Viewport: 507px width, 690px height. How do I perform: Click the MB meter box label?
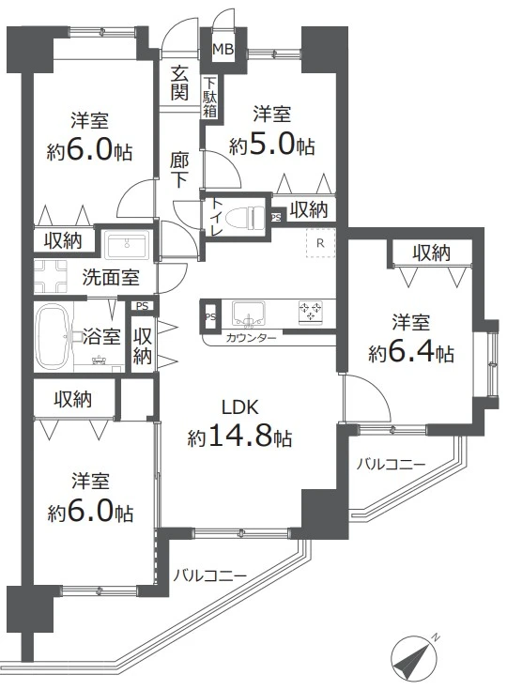223,49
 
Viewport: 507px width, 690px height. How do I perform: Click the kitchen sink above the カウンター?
251,312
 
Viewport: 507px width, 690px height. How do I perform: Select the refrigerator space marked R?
320,243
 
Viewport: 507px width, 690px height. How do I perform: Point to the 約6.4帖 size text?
412,353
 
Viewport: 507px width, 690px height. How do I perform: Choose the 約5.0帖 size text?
272,145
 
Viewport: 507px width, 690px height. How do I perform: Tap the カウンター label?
252,338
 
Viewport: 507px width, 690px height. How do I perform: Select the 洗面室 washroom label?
110,277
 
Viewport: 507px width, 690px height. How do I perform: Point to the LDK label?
239,407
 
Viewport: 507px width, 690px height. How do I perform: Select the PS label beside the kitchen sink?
209,316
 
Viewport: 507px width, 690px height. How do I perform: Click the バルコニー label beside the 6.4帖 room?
392,465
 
